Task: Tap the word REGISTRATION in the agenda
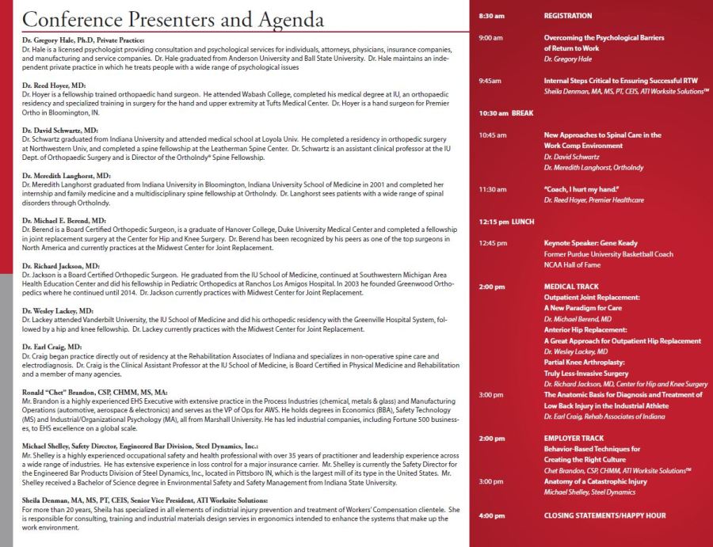point(568,16)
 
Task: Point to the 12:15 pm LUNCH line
point(507,222)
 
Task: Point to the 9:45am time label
point(490,81)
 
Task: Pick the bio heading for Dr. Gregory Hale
point(89,40)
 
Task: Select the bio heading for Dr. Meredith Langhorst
point(67,175)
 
